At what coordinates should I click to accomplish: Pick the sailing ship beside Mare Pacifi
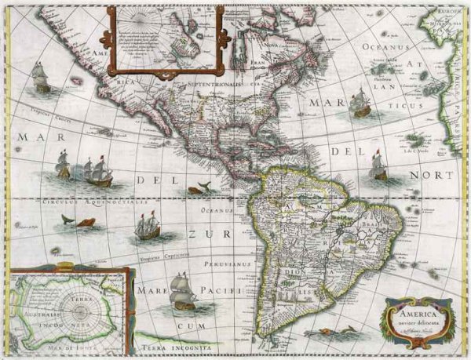183,291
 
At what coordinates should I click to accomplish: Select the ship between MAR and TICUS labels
360,103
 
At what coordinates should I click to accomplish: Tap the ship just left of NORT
378,165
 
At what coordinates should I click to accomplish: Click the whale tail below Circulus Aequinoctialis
68,220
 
